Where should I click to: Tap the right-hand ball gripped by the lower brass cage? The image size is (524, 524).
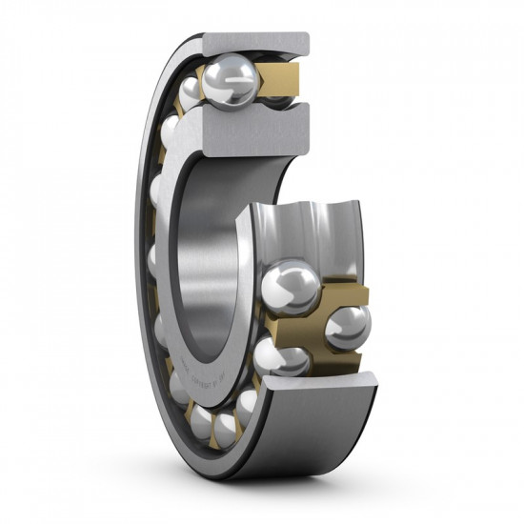point(349,327)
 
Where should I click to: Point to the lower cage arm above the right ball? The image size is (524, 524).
point(349,291)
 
